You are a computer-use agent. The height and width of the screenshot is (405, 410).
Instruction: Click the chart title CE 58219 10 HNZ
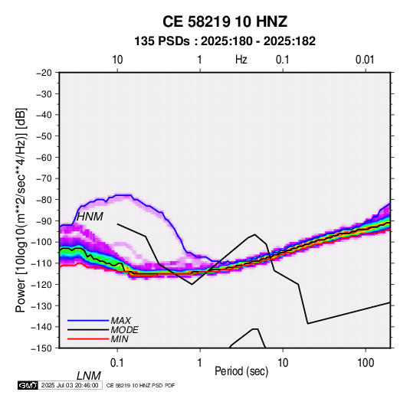tap(225, 21)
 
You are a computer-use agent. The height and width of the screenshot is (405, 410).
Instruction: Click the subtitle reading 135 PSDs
tap(162, 41)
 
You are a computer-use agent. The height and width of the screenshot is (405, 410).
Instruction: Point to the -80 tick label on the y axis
tap(44, 200)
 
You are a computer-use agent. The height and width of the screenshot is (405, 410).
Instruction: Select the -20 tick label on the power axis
tap(44, 73)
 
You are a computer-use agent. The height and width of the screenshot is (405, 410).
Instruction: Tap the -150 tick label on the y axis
tap(41, 348)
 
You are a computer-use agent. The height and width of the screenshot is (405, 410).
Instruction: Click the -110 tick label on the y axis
tap(41, 263)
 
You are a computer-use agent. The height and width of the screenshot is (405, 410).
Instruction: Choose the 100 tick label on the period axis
tap(366, 363)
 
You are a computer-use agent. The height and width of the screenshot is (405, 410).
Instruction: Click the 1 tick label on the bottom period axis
tap(200, 363)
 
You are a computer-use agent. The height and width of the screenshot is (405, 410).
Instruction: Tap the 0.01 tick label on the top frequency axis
tap(365, 60)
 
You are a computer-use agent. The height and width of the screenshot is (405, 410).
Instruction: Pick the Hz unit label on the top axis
tap(241, 60)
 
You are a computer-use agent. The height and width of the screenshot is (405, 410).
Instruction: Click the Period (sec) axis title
tap(241, 371)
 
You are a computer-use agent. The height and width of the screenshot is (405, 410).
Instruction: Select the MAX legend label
tap(120, 320)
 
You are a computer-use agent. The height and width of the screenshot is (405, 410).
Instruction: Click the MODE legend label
tap(124, 330)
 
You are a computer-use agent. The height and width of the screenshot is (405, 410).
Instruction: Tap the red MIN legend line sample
tap(88, 339)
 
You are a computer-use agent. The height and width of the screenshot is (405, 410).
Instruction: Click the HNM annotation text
tap(90, 217)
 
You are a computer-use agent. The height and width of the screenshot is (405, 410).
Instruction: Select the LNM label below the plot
tap(89, 376)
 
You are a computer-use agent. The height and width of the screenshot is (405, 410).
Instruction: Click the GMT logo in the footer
tap(28, 385)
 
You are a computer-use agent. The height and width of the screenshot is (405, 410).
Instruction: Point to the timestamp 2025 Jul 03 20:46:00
tap(70, 385)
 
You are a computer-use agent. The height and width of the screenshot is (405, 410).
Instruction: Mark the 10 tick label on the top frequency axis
tap(117, 60)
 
